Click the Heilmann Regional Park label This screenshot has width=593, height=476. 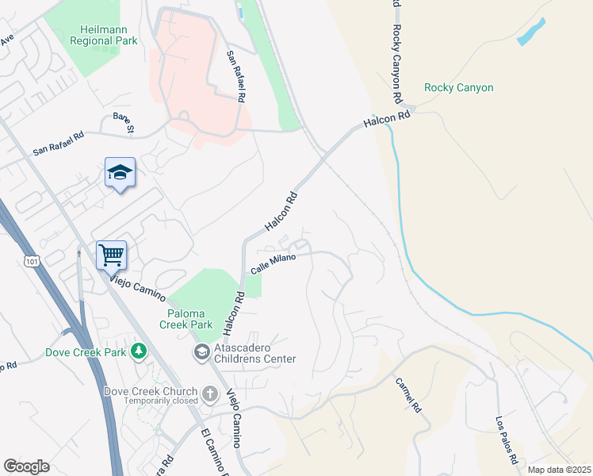103,35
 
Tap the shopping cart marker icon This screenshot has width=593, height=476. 111,255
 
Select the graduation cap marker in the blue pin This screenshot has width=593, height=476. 120,172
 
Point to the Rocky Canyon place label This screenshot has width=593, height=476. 458,88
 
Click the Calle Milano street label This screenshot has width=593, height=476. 273,264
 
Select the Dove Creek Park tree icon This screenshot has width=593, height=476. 139,350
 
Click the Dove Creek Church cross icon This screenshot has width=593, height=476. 210,392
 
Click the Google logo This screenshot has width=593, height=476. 26,466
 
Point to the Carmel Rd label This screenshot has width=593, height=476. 408,393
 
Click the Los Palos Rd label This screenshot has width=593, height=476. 507,440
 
